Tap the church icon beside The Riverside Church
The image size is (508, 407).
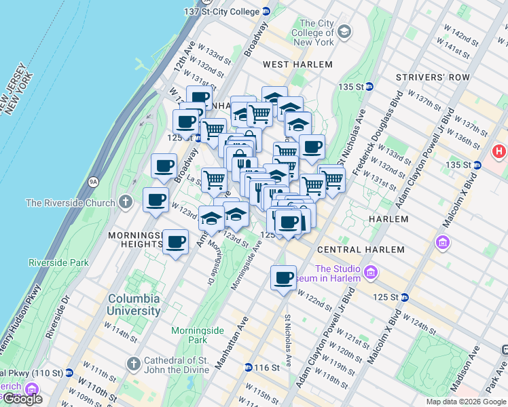tap(125, 202)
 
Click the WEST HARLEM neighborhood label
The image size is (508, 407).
tap(297, 64)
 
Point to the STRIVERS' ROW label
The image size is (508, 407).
tap(435, 77)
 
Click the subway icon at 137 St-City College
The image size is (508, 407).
tap(266, 12)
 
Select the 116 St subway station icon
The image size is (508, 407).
tap(249, 368)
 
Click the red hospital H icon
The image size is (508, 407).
tap(500, 151)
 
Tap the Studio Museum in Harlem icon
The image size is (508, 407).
tap(370, 273)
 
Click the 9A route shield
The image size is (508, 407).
tap(93, 181)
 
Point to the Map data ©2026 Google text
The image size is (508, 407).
tap(465, 402)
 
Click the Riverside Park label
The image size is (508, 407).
tap(58, 263)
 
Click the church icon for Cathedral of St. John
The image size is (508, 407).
tap(133, 365)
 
